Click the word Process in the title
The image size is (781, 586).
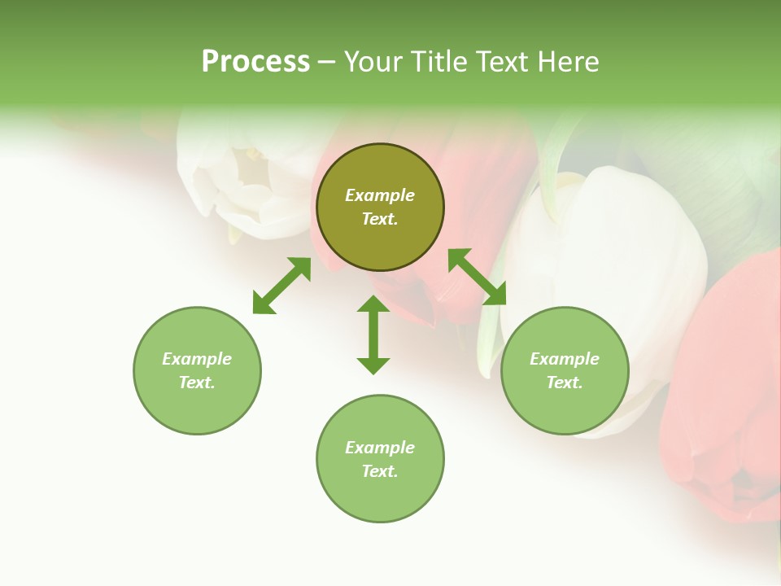click(255, 62)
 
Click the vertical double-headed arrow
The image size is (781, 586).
click(373, 335)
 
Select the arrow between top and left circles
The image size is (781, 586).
click(281, 286)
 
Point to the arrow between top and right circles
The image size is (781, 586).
click(477, 277)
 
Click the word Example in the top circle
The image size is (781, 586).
click(380, 195)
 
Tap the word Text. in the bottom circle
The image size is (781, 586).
click(380, 471)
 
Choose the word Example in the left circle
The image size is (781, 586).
click(197, 359)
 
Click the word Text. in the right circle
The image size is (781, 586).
click(565, 383)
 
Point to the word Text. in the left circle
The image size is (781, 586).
click(197, 383)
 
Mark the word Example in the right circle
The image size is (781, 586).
click(565, 359)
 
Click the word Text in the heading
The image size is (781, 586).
click(500, 62)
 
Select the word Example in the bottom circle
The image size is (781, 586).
click(380, 448)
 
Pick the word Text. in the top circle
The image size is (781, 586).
click(380, 219)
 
